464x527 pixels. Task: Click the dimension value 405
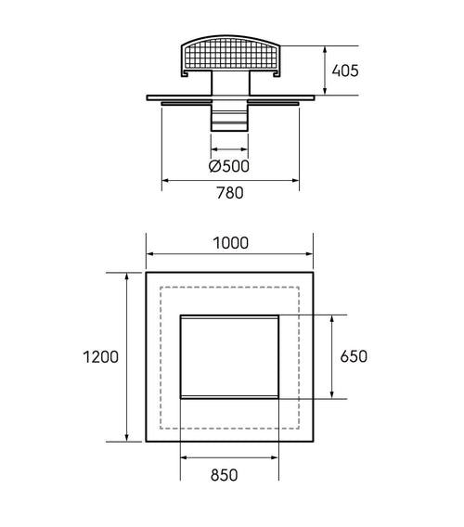(x=345, y=71)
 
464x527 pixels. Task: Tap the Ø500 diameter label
(x=229, y=166)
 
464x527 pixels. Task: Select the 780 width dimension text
(x=230, y=193)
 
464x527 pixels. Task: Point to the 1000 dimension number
(x=231, y=243)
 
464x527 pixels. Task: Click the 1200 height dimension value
(x=100, y=357)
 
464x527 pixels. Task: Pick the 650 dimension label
(x=354, y=356)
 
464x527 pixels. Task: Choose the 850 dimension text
(x=224, y=475)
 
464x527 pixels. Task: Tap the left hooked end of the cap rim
(x=185, y=73)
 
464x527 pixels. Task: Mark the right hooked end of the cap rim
(x=277, y=73)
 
